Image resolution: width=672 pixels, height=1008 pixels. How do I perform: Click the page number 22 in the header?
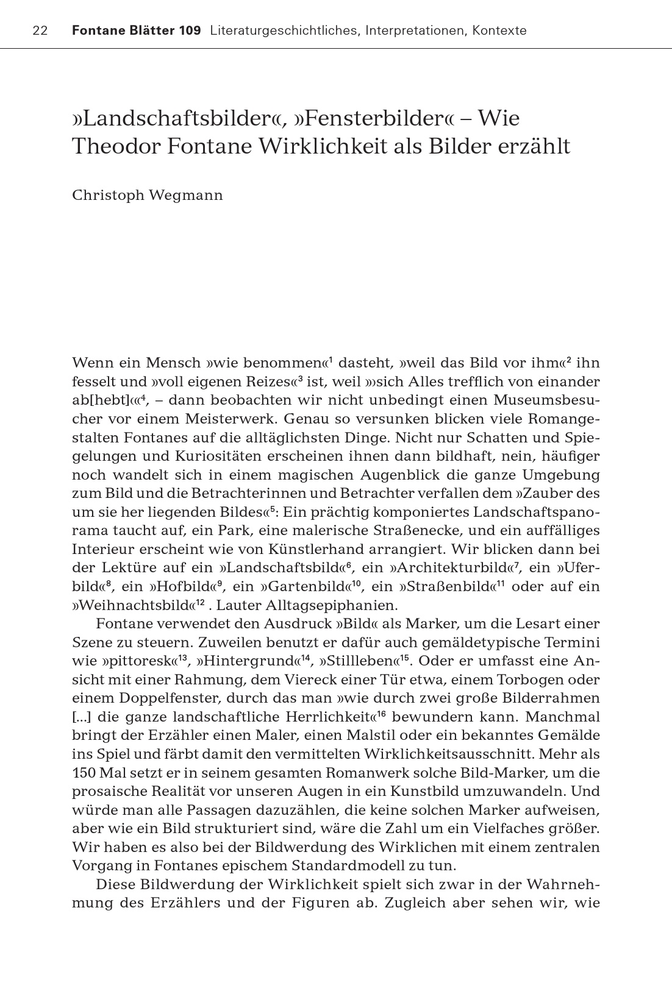click(x=40, y=30)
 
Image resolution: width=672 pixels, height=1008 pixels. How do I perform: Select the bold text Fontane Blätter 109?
click(x=136, y=30)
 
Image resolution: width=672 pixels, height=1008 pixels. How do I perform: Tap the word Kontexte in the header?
click(x=499, y=30)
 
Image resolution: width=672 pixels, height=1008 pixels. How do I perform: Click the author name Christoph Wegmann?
click(x=148, y=195)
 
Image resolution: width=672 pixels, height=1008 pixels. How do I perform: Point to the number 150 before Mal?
click(x=84, y=773)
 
